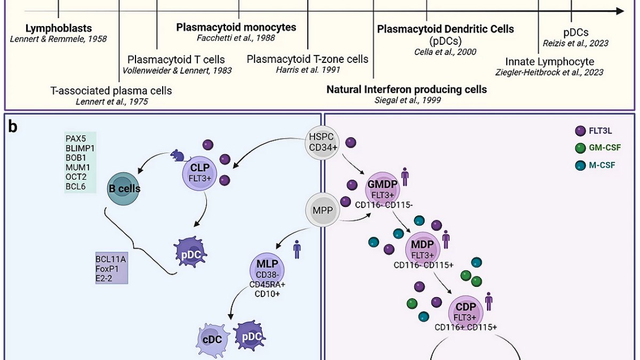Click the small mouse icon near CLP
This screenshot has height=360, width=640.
point(176,156)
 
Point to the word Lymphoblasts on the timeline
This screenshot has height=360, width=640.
point(59,28)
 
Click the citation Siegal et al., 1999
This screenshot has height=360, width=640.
point(406,100)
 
